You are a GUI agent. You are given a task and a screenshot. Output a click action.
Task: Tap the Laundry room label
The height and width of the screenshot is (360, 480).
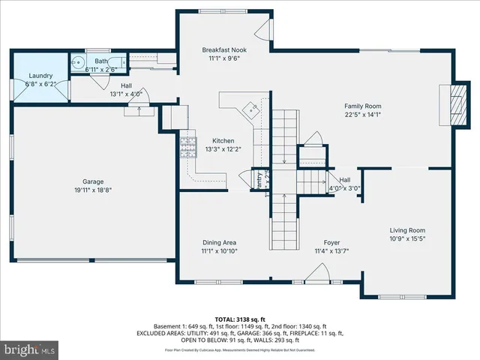point(40,76)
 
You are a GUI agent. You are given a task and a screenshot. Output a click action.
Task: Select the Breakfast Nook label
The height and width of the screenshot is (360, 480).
point(224,49)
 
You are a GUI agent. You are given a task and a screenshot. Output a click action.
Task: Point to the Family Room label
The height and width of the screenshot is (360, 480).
point(363,106)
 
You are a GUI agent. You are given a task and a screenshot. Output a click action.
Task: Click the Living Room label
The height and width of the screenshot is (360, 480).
point(407,230)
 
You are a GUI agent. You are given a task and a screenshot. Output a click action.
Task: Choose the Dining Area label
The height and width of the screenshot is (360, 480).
point(220,242)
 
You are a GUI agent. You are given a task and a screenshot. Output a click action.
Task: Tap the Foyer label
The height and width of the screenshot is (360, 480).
point(332,242)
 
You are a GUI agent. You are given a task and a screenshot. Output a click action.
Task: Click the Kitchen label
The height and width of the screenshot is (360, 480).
point(223,141)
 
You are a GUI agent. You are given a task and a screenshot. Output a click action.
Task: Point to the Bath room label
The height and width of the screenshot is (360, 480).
point(100,61)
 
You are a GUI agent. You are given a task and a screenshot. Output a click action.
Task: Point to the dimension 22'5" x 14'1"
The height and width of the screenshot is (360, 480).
point(363,115)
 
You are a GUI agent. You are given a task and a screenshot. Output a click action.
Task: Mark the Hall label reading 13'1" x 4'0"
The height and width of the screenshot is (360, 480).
point(126,94)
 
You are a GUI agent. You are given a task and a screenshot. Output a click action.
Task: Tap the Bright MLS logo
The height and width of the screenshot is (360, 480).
point(29,349)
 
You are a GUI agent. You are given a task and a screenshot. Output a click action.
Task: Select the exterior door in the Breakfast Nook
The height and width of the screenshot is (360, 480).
point(263,30)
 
